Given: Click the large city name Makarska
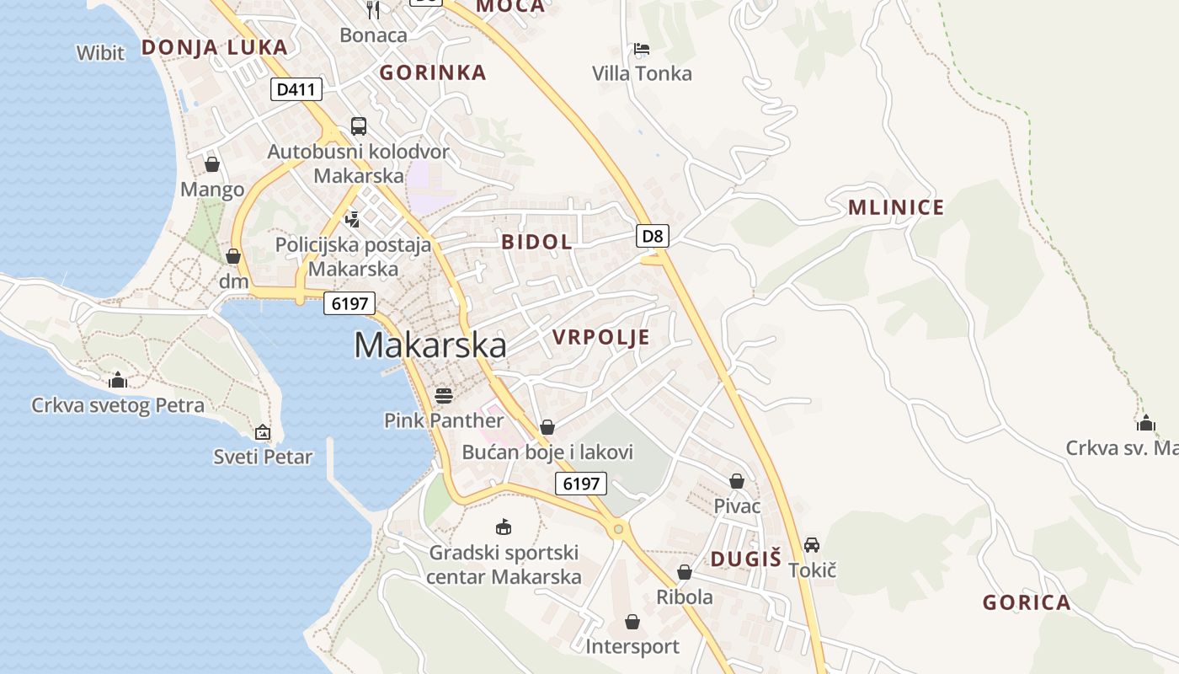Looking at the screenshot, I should pyautogui.click(x=430, y=345).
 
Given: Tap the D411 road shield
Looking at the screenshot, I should pyautogui.click(x=296, y=89).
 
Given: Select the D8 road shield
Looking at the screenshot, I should pyautogui.click(x=653, y=236).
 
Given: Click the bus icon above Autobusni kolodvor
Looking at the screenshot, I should pyautogui.click(x=359, y=126).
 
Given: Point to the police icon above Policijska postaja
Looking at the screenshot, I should pyautogui.click(x=353, y=219).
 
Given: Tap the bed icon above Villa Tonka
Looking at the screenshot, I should pyautogui.click(x=642, y=49).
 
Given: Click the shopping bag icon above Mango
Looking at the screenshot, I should pyautogui.click(x=212, y=163).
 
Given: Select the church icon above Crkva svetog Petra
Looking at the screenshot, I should pyautogui.click(x=118, y=380).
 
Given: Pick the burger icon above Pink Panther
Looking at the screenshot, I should pyautogui.click(x=444, y=394).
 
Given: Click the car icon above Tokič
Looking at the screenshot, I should pyautogui.click(x=812, y=545).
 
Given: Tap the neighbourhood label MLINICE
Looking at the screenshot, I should pyautogui.click(x=896, y=207).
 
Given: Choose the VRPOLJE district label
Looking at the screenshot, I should pyautogui.click(x=601, y=338).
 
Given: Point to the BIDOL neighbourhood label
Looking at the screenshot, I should pyautogui.click(x=536, y=242).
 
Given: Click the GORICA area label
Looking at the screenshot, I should pyautogui.click(x=1027, y=602).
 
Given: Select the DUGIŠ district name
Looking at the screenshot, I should pyautogui.click(x=746, y=559).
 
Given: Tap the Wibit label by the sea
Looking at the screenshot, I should pyautogui.click(x=100, y=53).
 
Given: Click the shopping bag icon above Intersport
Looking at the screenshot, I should pyautogui.click(x=632, y=622).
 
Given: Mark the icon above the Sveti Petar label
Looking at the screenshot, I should pyautogui.click(x=263, y=432).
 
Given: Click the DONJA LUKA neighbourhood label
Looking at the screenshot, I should pyautogui.click(x=215, y=47).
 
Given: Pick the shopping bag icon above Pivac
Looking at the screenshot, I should pyautogui.click(x=737, y=480).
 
